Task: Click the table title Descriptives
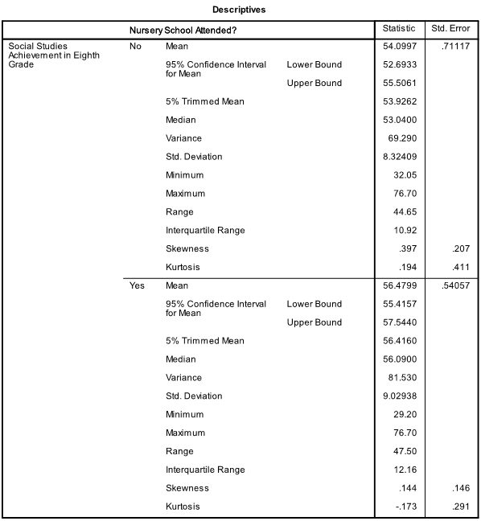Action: click(240, 10)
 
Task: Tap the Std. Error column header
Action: click(450, 30)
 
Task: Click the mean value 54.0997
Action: click(402, 47)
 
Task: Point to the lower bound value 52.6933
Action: click(402, 65)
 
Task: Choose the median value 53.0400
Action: click(402, 120)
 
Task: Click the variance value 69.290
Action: click(404, 138)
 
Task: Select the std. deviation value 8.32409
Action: click(402, 157)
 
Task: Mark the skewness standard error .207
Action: click(459, 249)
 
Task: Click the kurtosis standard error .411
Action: click(459, 268)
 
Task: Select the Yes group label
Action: click(137, 285)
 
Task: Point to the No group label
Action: click(136, 47)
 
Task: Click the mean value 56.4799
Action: click(402, 285)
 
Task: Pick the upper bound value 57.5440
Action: click(402, 322)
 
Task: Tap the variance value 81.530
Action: click(404, 378)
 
